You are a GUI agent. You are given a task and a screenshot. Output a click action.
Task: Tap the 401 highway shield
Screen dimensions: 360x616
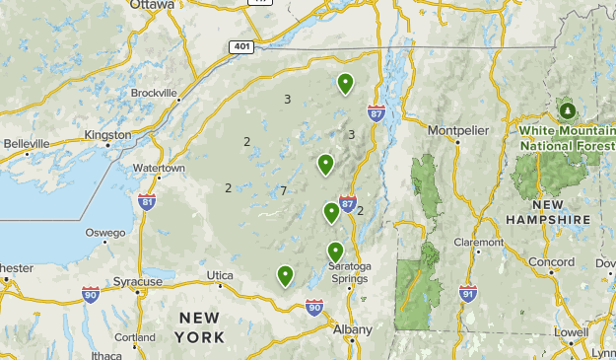(x=242, y=46)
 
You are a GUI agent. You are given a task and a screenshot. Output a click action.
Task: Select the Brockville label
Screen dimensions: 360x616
(x=154, y=94)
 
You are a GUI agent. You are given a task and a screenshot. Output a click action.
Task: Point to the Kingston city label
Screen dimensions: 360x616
(x=108, y=134)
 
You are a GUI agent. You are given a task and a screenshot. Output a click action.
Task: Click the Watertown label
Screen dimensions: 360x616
(x=159, y=169)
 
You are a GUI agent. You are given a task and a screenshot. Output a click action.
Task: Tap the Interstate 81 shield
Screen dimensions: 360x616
(x=147, y=203)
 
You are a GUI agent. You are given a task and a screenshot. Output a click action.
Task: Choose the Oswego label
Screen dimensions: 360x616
(x=105, y=233)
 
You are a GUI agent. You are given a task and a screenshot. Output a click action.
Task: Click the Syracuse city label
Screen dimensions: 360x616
(x=137, y=282)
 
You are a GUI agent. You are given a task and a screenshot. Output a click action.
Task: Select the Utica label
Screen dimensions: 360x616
(x=221, y=275)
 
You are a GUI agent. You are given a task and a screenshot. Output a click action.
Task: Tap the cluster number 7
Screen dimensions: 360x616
(x=283, y=190)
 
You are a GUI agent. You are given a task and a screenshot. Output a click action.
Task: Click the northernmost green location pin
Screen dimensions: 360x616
(x=345, y=84)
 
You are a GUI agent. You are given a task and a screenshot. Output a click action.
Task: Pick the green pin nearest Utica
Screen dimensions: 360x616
(x=285, y=275)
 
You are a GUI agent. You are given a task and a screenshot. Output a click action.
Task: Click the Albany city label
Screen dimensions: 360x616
(x=353, y=329)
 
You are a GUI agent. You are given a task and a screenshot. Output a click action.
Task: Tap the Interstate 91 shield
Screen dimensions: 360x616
(x=467, y=294)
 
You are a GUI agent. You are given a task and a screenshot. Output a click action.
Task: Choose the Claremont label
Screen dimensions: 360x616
(x=479, y=243)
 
